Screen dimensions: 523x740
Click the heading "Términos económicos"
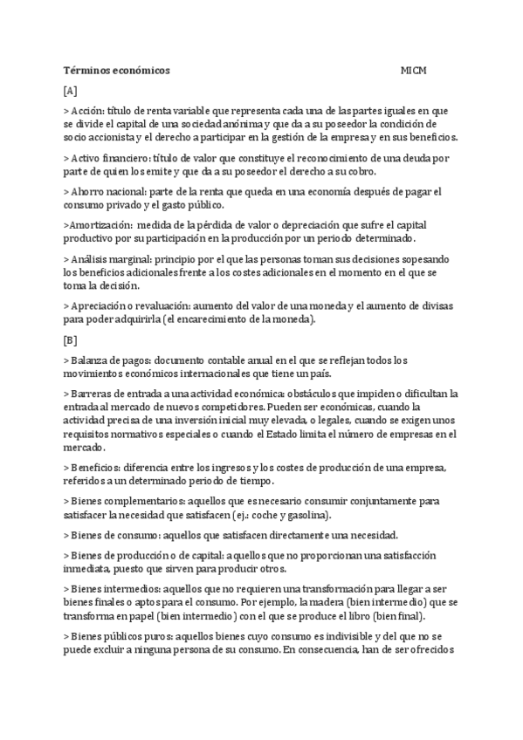click(x=117, y=70)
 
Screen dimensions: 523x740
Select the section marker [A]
click(x=71, y=91)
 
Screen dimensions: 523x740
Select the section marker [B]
click(x=71, y=339)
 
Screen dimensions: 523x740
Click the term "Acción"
click(x=87, y=112)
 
